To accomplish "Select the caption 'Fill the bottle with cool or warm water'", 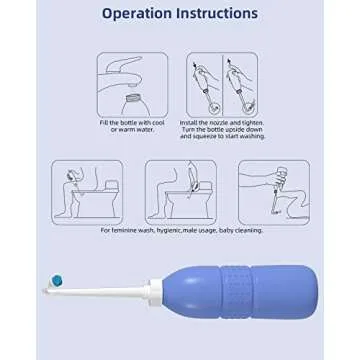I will pyautogui.click(x=132, y=126).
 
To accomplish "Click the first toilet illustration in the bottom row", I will pyautogui.click(x=87, y=191).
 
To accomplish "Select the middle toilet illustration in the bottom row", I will pyautogui.click(x=180, y=191).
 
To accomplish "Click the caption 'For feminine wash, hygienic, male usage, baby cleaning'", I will pyautogui.click(x=180, y=230).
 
